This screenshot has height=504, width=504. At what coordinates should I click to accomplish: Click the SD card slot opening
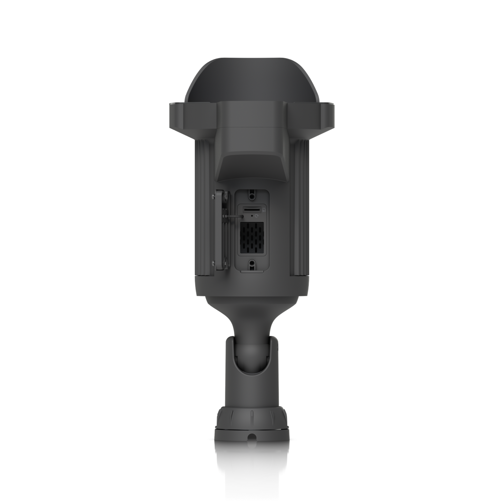251,210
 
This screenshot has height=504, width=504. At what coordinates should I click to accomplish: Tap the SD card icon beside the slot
264,210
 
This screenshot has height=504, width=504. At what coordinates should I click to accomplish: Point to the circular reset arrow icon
257,216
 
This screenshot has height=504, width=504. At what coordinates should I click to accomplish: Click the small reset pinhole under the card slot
252,216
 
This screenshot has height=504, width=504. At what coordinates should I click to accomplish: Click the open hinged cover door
220,230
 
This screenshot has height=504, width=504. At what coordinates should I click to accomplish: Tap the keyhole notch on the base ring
251,439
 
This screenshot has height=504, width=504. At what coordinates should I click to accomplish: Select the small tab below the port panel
251,270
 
